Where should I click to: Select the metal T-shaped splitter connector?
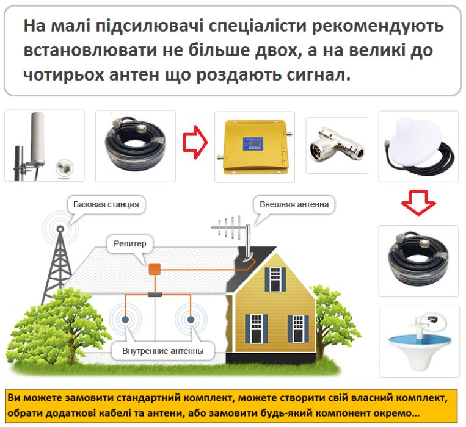coord(337,145)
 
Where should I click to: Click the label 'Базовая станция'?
coord(106,204)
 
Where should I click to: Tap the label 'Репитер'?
coord(130,244)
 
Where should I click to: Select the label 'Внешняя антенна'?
coord(294,204)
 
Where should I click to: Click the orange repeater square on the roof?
coord(155,268)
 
